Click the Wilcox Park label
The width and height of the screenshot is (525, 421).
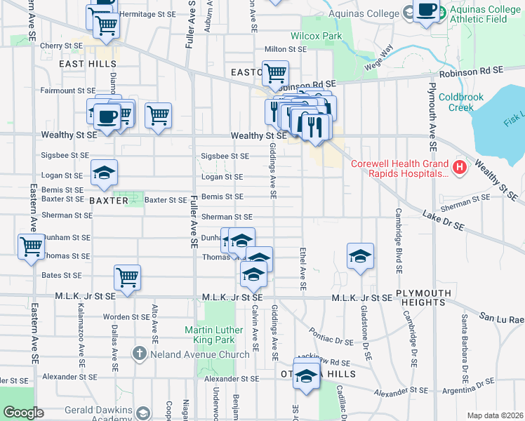point(316,36)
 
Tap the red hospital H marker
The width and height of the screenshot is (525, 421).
point(460,167)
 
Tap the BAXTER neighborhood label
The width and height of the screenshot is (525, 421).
point(109,201)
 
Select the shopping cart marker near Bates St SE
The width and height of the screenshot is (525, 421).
point(127,276)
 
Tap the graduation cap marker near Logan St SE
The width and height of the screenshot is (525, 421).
point(104,173)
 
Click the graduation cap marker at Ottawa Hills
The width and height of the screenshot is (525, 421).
point(306,375)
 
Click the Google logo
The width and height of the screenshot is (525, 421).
point(24,413)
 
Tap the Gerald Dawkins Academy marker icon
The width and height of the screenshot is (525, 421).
point(143,413)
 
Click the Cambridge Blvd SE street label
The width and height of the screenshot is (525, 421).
point(398,240)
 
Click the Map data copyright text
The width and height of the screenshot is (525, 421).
point(495,415)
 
